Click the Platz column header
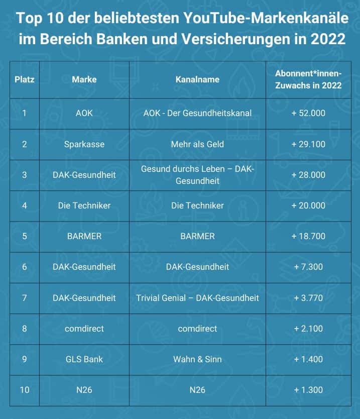pos(25,79)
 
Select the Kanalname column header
pos(197,79)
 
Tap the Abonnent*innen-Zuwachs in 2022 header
pos(308,79)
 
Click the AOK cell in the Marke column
pos(84,113)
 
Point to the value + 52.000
pos(308,113)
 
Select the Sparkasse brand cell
pos(84,144)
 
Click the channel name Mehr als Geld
pos(197,144)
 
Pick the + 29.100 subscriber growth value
pos(308,144)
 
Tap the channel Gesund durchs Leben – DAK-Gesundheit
pos(197,175)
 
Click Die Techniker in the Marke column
pos(84,205)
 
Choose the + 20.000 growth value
pos(308,205)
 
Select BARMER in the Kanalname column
pos(197,236)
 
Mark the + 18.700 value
pos(308,236)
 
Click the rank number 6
pos(25,267)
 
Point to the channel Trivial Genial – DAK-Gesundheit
pos(197,298)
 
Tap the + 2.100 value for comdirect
pos(308,329)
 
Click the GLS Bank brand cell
pos(84,359)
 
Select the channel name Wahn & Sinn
pos(197,359)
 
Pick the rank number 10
pos(25,390)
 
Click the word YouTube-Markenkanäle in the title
pos(267,19)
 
